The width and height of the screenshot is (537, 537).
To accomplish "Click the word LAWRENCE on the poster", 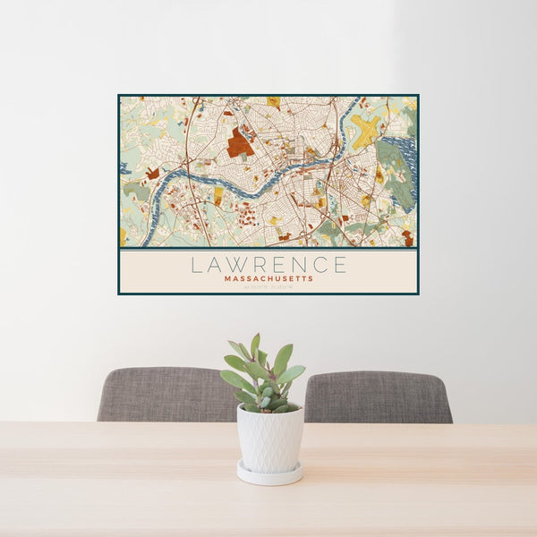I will click(268, 265).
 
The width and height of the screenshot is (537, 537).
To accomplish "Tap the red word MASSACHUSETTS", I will click(268, 279).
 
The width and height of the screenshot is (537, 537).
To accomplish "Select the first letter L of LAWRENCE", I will click(196, 265).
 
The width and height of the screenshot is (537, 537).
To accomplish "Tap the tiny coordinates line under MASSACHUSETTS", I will click(268, 286).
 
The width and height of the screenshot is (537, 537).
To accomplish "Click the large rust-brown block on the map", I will click(239, 142).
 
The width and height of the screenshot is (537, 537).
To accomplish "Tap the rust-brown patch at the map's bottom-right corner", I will click(407, 238).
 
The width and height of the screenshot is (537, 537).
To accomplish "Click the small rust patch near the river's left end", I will click(153, 173).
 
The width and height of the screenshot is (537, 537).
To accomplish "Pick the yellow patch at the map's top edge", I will click(274, 101).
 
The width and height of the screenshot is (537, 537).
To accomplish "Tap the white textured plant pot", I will click(269, 439).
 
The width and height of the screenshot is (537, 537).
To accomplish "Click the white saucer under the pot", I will click(269, 473).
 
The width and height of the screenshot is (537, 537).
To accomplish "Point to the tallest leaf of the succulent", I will click(255, 345).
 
